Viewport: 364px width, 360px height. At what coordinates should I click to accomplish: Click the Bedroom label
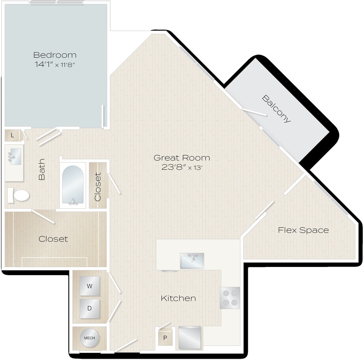point(55,55)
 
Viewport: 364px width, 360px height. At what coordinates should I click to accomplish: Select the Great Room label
point(182,158)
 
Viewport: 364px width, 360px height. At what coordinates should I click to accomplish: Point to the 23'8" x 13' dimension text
point(182,168)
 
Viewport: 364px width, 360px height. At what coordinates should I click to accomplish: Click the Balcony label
point(277,109)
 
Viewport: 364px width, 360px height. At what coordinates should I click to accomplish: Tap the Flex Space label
point(303,230)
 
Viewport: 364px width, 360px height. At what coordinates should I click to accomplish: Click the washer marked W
point(90,286)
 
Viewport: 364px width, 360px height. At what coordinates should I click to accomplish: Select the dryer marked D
point(90,308)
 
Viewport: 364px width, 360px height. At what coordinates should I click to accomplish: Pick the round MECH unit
point(89,338)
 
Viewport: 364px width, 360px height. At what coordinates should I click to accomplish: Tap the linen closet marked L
point(12,136)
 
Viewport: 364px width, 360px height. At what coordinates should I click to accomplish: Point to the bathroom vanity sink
point(15,156)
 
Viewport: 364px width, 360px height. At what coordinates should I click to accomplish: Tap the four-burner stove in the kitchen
point(230,298)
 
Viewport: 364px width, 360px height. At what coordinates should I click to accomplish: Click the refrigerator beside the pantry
point(190,337)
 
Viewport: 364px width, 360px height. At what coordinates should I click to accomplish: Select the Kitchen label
point(178,298)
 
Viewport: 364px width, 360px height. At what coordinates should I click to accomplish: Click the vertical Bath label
point(42,173)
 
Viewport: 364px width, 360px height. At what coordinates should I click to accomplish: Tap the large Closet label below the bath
point(53,239)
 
